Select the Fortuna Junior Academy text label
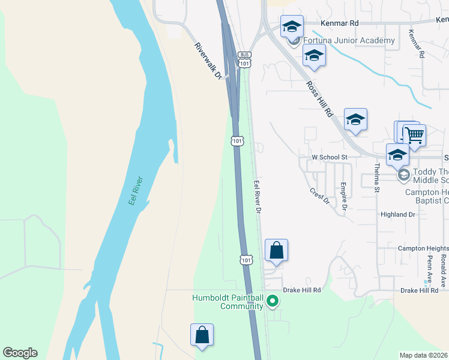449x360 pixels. tap(349, 41)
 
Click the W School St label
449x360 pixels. tap(330, 157)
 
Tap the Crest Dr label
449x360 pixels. tap(320, 196)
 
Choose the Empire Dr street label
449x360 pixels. tap(344, 197)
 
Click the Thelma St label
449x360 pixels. tap(378, 178)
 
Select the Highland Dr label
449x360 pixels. tap(398, 214)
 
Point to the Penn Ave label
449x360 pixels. tap(430, 263)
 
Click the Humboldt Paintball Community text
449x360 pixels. tap(228, 302)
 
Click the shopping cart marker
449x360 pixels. tap(414, 135)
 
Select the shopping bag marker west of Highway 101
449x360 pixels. tap(202, 335)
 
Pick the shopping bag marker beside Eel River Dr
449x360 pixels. tap(276, 250)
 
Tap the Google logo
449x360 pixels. tap(20, 353)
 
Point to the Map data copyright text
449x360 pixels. tap(423, 355)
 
